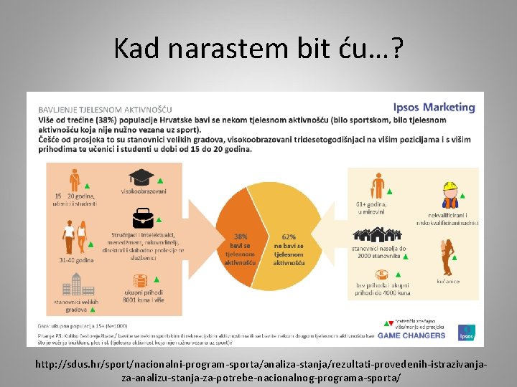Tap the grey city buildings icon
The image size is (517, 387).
72,286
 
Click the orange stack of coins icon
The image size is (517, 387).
140,281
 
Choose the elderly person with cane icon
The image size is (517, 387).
378,187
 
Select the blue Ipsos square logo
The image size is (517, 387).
466,332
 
